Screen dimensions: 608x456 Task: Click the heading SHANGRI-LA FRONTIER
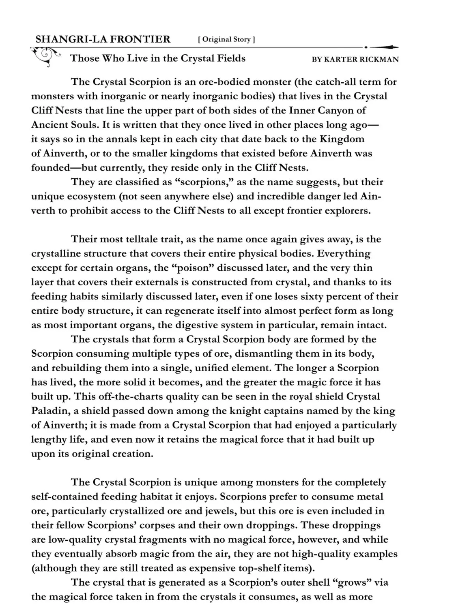click(x=103, y=39)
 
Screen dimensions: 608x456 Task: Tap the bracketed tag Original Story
click(x=226, y=39)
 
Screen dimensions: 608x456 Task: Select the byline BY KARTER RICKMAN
click(x=355, y=59)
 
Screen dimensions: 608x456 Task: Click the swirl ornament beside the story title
click(x=45, y=56)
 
